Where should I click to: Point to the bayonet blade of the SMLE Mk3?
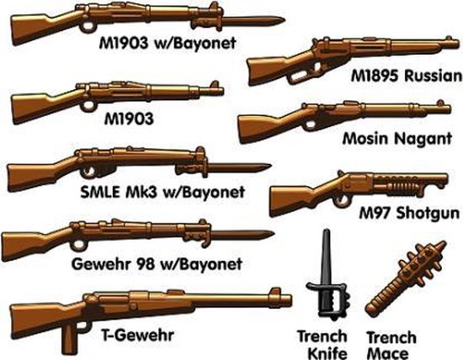[240, 166]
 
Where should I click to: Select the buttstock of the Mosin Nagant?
[258, 126]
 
